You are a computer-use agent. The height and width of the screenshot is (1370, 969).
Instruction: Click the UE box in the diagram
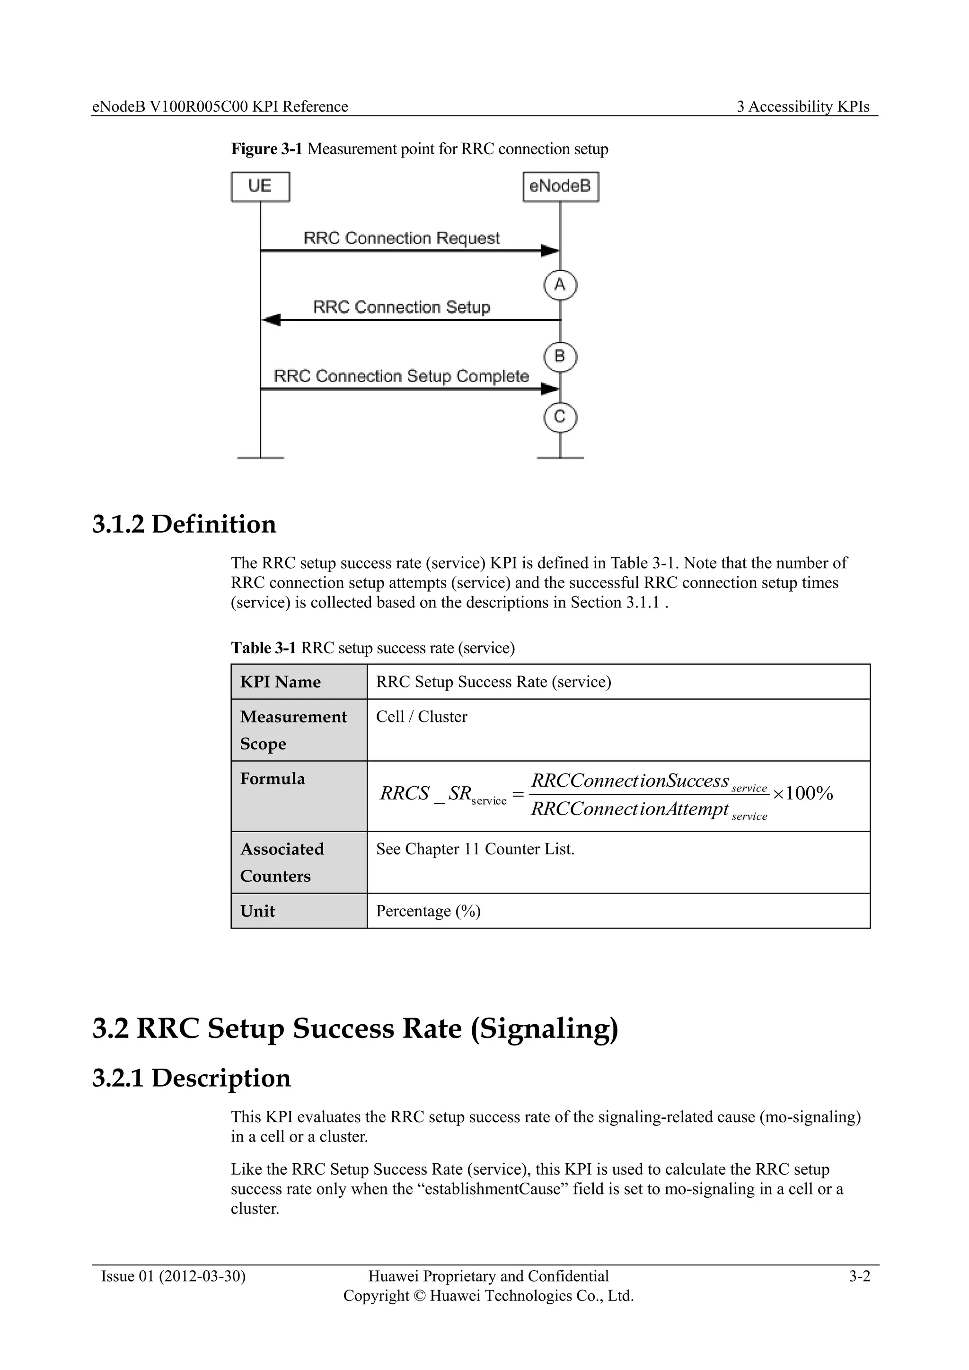260,187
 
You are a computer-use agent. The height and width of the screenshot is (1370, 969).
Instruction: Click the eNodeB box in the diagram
560,187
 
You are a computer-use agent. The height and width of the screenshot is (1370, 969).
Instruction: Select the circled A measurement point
560,285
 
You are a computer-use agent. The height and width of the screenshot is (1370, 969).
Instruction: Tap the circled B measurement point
560,357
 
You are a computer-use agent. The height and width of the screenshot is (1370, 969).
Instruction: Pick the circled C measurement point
560,416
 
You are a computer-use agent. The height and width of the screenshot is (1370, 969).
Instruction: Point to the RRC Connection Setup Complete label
401,376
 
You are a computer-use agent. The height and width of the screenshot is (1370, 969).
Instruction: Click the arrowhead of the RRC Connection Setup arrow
271,320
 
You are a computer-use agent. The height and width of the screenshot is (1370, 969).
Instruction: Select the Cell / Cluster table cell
421,717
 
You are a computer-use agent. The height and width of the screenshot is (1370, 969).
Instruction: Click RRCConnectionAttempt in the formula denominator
629,809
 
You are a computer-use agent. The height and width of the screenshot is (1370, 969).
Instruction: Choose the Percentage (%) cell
428,911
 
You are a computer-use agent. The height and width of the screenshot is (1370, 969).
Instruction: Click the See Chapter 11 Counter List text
475,849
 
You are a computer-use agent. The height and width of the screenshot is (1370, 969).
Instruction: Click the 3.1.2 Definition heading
185,524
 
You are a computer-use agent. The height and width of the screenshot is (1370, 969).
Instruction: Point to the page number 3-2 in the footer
859,1276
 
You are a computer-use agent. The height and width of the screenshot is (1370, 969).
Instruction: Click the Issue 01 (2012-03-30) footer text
173,1276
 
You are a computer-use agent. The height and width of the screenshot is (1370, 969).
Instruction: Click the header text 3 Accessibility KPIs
802,107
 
